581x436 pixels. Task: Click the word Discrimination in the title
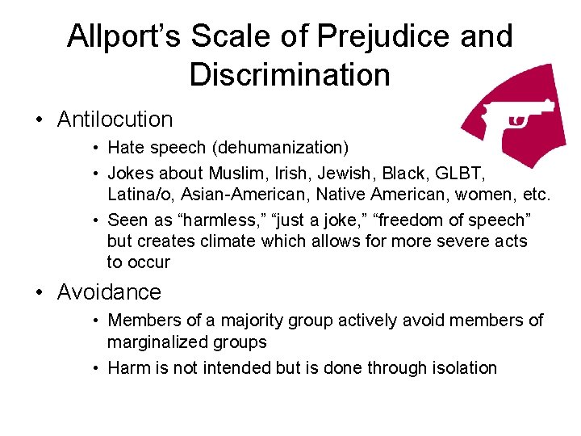pos(290,75)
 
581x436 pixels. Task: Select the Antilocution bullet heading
pos(115,119)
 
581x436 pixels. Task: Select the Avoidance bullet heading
pos(109,291)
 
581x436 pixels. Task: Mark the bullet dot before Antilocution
pos(38,120)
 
